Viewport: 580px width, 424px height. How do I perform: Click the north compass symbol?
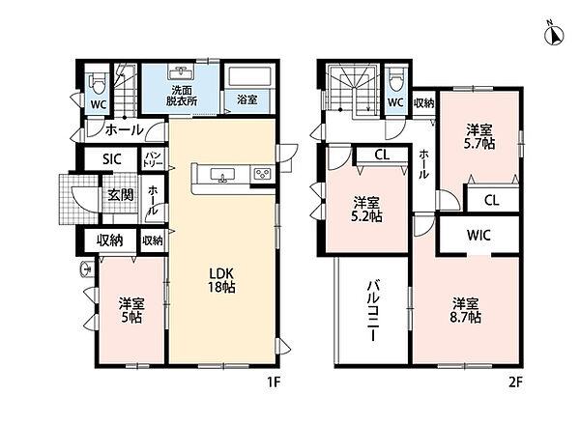[x=554, y=34]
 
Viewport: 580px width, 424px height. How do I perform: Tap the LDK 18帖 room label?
[x=221, y=280]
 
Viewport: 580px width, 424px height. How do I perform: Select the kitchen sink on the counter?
[x=222, y=175]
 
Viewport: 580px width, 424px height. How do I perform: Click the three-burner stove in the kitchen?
[x=263, y=174]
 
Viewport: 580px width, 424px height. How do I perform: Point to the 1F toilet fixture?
[x=99, y=83]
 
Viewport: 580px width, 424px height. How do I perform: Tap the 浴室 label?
[x=247, y=99]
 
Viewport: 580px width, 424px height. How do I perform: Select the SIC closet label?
[x=112, y=159]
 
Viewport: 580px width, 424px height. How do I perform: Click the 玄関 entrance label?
[x=121, y=194]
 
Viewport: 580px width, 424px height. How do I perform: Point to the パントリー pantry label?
[x=153, y=159]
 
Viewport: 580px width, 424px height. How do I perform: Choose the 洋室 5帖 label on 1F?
[x=131, y=310]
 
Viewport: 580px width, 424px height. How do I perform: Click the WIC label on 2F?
[x=478, y=235]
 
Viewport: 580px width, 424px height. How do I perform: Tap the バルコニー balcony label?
[x=373, y=310]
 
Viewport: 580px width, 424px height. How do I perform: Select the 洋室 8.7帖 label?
[x=466, y=310]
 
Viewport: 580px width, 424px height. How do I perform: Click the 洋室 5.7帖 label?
[x=479, y=137]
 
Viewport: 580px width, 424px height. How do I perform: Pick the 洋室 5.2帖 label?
[x=366, y=210]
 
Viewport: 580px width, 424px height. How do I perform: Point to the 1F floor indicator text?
[x=275, y=382]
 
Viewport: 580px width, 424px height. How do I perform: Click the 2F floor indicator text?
[x=515, y=382]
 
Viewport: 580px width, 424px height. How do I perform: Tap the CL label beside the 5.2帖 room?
[x=382, y=155]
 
